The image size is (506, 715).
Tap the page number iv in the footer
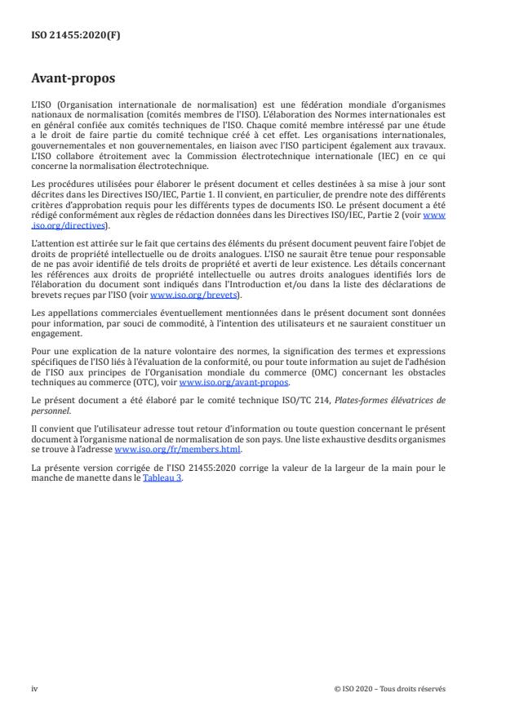[33, 688]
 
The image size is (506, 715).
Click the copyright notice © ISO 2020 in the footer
[390, 688]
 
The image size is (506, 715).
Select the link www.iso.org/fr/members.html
[159, 449]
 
